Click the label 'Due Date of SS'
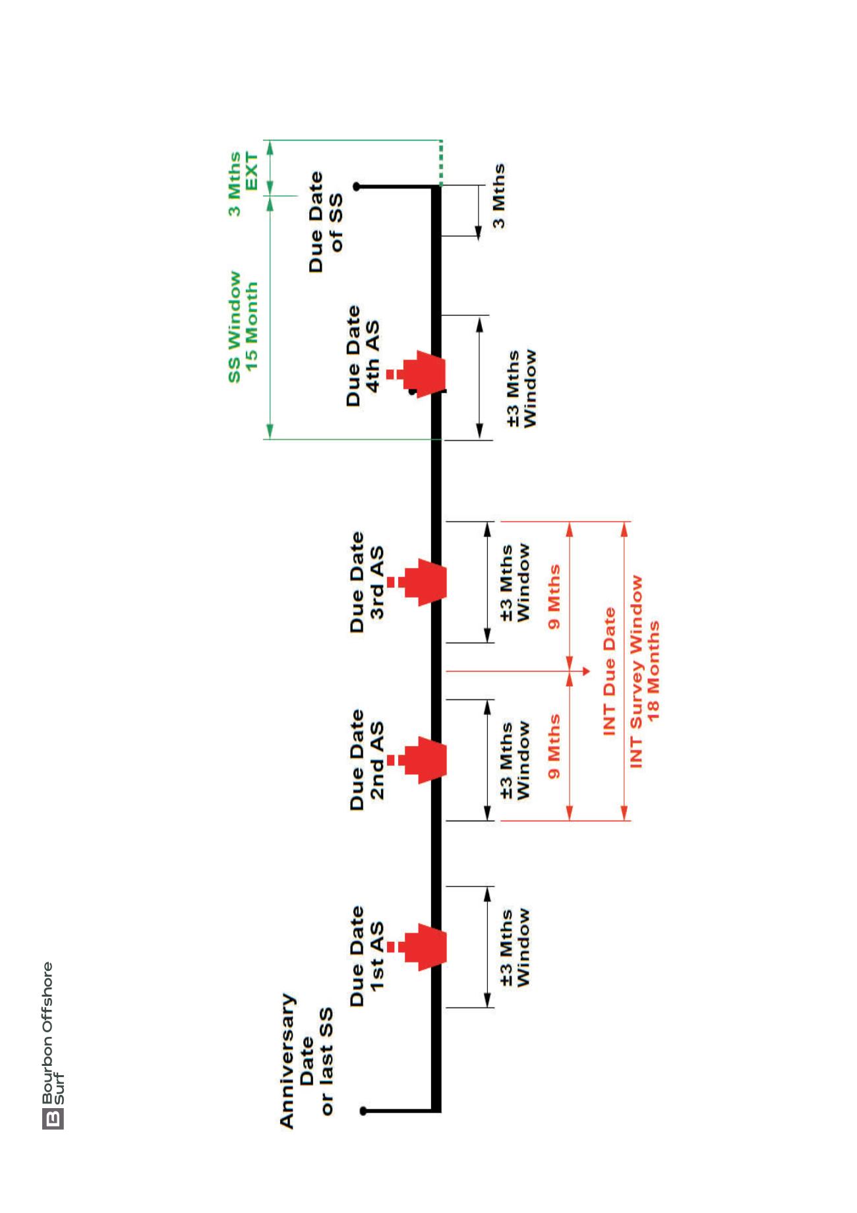326,222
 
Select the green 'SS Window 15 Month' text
243,327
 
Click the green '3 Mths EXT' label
243,183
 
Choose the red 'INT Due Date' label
609,671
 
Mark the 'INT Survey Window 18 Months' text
645,671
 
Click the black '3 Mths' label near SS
499,196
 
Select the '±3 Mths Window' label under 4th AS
522,389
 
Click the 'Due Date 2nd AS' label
367,760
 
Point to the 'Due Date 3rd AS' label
367,582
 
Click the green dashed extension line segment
440,162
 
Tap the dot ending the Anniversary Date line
363,1111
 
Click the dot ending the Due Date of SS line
357,187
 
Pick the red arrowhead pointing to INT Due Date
586,671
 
